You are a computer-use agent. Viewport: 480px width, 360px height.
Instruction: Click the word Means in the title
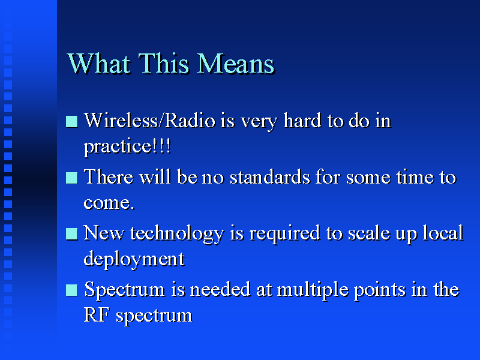pyautogui.click(x=235, y=64)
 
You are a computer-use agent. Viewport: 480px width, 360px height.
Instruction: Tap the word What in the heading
pyautogui.click(x=98, y=64)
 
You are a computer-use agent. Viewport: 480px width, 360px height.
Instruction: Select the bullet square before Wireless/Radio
pyautogui.click(x=71, y=121)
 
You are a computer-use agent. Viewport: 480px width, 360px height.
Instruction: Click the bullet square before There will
pyautogui.click(x=71, y=178)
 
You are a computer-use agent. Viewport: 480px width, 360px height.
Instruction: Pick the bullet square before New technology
pyautogui.click(x=71, y=234)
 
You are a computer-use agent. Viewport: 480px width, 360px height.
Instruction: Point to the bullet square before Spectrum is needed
pyautogui.click(x=71, y=290)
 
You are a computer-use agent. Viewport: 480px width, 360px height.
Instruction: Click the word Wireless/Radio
pyautogui.click(x=149, y=121)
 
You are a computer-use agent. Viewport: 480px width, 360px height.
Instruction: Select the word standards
pyautogui.click(x=270, y=177)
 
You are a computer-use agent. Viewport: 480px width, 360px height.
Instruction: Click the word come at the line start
pyautogui.click(x=109, y=203)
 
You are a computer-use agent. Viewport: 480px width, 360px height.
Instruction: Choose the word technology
pyautogui.click(x=177, y=234)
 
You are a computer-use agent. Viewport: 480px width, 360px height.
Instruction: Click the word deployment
pyautogui.click(x=134, y=260)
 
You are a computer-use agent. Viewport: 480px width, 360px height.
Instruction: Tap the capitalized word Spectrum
pyautogui.click(x=124, y=290)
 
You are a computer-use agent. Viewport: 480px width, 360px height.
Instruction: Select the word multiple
pyautogui.click(x=313, y=290)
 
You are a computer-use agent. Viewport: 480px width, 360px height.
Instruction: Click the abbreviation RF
pyautogui.click(x=97, y=315)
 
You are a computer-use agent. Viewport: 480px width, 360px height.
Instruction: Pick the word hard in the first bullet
pyautogui.click(x=302, y=121)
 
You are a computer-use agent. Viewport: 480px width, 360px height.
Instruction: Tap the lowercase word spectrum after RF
pyautogui.click(x=154, y=316)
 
